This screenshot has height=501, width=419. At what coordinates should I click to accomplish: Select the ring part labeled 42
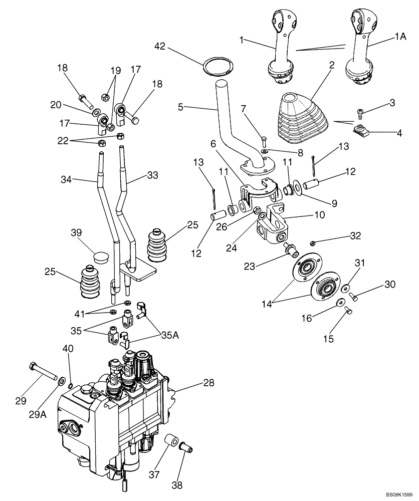point(218,67)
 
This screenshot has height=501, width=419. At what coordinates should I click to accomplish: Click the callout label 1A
point(400,37)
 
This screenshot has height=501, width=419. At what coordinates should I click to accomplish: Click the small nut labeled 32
point(312,243)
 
